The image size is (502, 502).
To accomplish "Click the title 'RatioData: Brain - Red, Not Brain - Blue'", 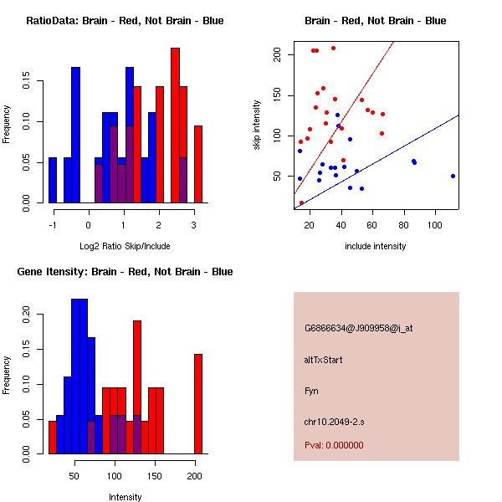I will coord(125,21).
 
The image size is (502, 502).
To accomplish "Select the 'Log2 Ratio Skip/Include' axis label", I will coord(124,246).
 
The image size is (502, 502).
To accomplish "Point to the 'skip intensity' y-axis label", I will coord(258,125).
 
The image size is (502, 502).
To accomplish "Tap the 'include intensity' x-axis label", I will coord(375,246).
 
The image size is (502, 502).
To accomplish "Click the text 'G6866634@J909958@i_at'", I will coord(359,328).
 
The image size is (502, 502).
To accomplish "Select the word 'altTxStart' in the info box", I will coord(324,360).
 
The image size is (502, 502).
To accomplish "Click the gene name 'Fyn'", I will coord(312,391).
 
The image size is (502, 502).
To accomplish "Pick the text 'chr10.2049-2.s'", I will coord(332,422).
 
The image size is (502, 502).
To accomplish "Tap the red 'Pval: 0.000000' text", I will coord(334,445).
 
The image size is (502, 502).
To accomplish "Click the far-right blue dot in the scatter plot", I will coord(453,176).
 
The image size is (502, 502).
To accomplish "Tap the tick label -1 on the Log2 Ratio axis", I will coord(53,225).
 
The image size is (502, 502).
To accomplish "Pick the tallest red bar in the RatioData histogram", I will coord(175,125).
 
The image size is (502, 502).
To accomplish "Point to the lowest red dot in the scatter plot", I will coord(302,202).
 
